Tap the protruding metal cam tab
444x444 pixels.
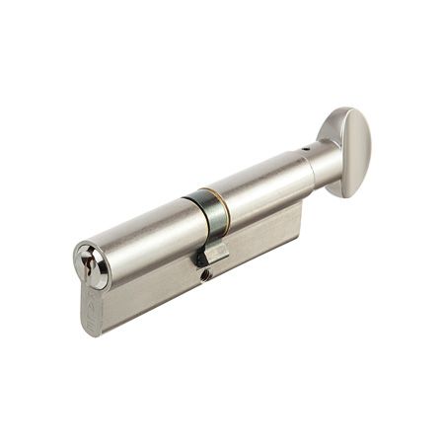click(215, 254)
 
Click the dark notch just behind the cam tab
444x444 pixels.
click(198, 258)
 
